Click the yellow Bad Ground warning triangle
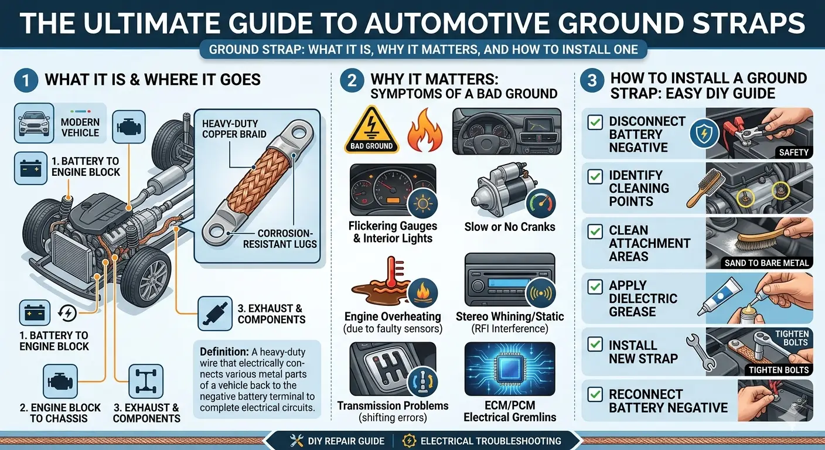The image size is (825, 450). point(371,129)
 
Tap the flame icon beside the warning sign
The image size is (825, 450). point(425,130)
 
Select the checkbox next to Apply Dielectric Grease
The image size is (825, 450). point(595,287)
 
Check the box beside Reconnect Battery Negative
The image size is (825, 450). point(595,394)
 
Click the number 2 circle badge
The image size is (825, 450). point(352,80)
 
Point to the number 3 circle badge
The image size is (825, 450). point(592,80)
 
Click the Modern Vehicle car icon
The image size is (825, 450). point(34,123)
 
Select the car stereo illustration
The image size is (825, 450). point(510,279)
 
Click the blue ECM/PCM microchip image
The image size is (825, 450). point(510,369)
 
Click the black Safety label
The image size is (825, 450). point(793,152)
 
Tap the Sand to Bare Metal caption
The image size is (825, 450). point(766,262)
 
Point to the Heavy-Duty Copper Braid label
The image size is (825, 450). point(234,128)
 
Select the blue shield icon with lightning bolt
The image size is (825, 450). point(704,134)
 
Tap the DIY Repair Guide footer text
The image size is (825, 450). point(346,441)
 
